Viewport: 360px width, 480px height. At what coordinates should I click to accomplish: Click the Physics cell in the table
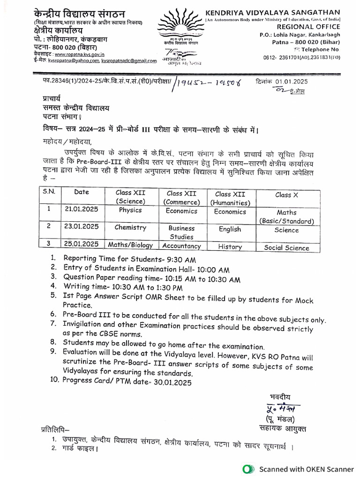click(130, 210)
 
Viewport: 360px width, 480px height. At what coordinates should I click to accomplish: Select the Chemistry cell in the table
click(130, 227)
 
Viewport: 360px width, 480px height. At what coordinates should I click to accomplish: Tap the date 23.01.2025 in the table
click(82, 226)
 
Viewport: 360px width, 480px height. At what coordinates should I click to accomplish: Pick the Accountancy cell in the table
click(181, 246)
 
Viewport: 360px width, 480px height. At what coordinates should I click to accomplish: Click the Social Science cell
click(286, 248)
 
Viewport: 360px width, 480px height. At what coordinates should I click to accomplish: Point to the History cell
click(230, 247)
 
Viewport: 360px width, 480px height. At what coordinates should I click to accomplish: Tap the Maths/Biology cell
click(130, 244)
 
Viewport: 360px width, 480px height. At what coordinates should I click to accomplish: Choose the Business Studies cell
click(181, 232)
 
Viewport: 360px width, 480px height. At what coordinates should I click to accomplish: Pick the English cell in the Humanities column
click(230, 229)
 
